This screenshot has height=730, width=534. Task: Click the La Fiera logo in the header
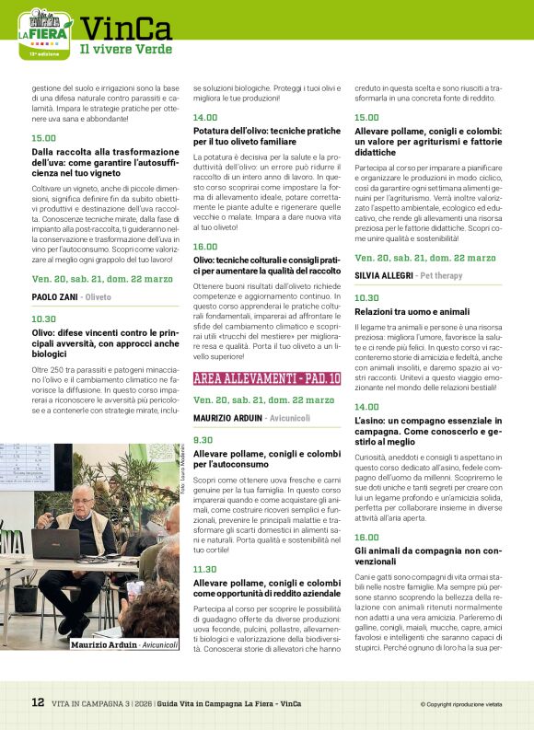click(x=44, y=33)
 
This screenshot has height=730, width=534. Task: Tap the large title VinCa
click(x=125, y=29)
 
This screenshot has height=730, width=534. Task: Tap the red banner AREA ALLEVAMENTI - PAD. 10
click(x=267, y=378)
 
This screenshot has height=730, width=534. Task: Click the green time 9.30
click(x=203, y=440)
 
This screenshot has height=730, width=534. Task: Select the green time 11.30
click(x=205, y=569)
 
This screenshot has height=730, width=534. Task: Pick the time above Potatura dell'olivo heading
click(x=205, y=118)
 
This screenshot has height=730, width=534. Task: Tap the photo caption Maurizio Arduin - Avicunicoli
click(x=125, y=644)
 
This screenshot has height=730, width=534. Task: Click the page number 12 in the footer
click(x=38, y=702)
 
